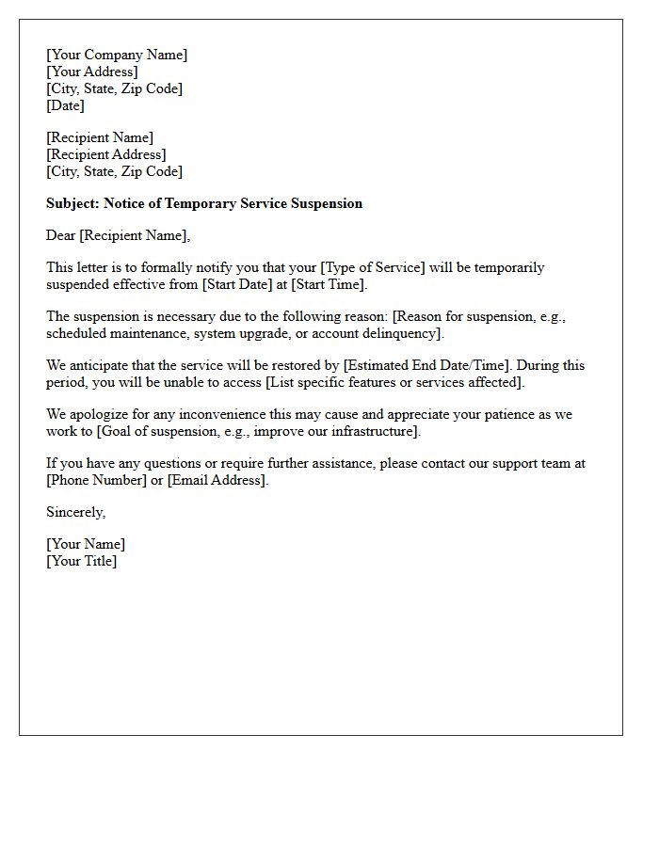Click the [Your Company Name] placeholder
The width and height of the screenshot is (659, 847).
tap(117, 55)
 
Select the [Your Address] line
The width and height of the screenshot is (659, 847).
tap(91, 72)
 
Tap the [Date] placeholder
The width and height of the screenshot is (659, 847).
tap(65, 105)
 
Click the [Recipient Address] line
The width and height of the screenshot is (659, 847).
tap(106, 154)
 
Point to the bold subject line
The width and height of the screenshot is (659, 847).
tap(204, 203)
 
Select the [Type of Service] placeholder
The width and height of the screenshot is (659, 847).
tap(373, 267)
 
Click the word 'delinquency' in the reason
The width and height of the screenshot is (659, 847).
tap(399, 333)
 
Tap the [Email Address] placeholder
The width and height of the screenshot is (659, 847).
tap(217, 480)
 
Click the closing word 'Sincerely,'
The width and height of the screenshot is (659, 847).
tap(76, 512)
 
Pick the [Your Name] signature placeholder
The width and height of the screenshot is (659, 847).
tap(86, 544)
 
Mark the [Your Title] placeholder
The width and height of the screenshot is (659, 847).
tap(82, 561)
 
